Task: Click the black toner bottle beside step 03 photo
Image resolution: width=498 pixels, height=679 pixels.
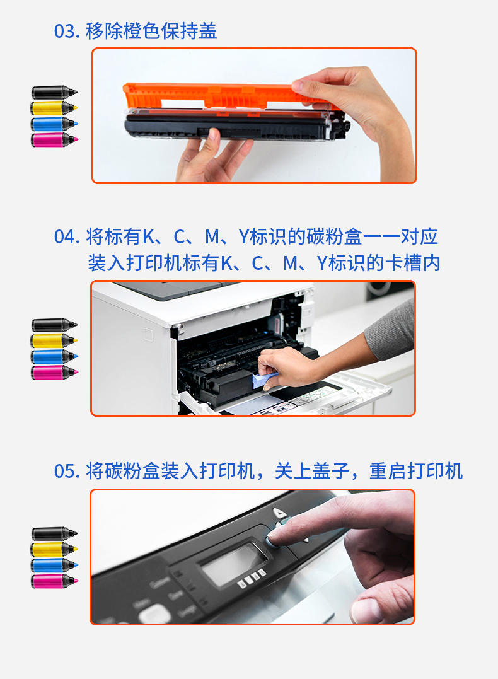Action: click(x=54, y=93)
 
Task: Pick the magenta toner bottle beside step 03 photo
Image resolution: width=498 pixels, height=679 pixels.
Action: click(x=54, y=140)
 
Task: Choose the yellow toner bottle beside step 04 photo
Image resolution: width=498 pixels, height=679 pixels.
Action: click(x=54, y=341)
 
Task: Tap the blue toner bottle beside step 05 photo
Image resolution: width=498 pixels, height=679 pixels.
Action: click(x=54, y=565)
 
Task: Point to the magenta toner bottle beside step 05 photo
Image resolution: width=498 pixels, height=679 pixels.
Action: click(x=54, y=581)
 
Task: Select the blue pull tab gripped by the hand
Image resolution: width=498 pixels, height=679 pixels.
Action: click(x=263, y=380)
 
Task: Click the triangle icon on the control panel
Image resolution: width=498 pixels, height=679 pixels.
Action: click(x=280, y=514)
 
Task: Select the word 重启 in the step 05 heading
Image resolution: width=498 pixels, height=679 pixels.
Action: click(x=388, y=472)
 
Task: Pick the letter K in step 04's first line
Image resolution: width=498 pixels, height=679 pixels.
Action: click(x=149, y=237)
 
